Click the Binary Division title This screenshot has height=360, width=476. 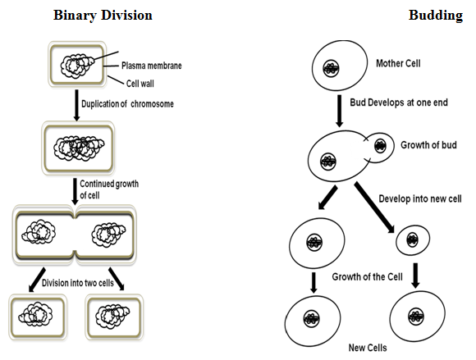[103, 16]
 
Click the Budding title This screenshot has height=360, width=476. [436, 16]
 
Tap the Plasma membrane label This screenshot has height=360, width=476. [152, 66]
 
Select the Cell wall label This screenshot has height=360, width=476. [140, 84]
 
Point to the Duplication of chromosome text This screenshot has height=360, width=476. [127, 104]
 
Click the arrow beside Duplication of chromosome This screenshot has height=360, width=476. [77, 105]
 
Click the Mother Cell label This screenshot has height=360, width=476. [398, 63]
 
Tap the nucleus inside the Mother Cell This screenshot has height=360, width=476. [331, 68]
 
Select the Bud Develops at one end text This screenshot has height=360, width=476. [399, 103]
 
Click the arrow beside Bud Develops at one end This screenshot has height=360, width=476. [340, 111]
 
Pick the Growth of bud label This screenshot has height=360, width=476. [428, 145]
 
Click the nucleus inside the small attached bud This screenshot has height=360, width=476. [380, 146]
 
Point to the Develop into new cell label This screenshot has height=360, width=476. [420, 199]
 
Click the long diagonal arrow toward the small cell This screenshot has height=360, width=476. [374, 207]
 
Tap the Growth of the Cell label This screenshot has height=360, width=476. [367, 276]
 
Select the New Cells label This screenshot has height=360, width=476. [368, 348]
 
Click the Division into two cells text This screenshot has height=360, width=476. [78, 283]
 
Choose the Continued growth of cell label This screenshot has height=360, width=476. [109, 189]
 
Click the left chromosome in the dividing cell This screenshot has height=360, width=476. [39, 232]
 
